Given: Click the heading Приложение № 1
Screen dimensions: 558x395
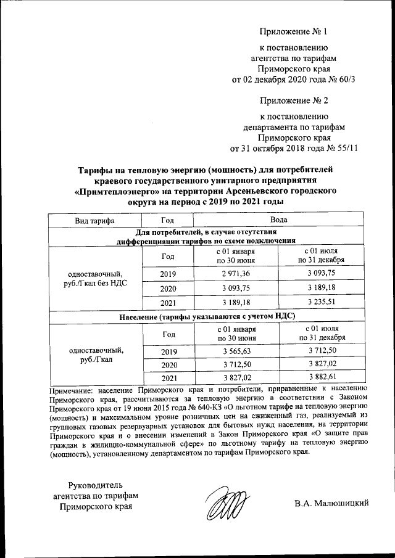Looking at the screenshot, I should coord(292,31).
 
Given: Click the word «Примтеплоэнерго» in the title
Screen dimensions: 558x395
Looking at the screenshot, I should coord(116,191).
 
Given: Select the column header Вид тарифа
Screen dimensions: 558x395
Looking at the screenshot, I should coord(94,219).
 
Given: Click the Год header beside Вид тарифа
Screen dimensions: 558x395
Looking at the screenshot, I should coord(167,219).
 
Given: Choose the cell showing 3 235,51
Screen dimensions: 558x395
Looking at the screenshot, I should coord(322,303).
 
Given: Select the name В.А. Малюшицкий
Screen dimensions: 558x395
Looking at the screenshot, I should coord(331,503).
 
